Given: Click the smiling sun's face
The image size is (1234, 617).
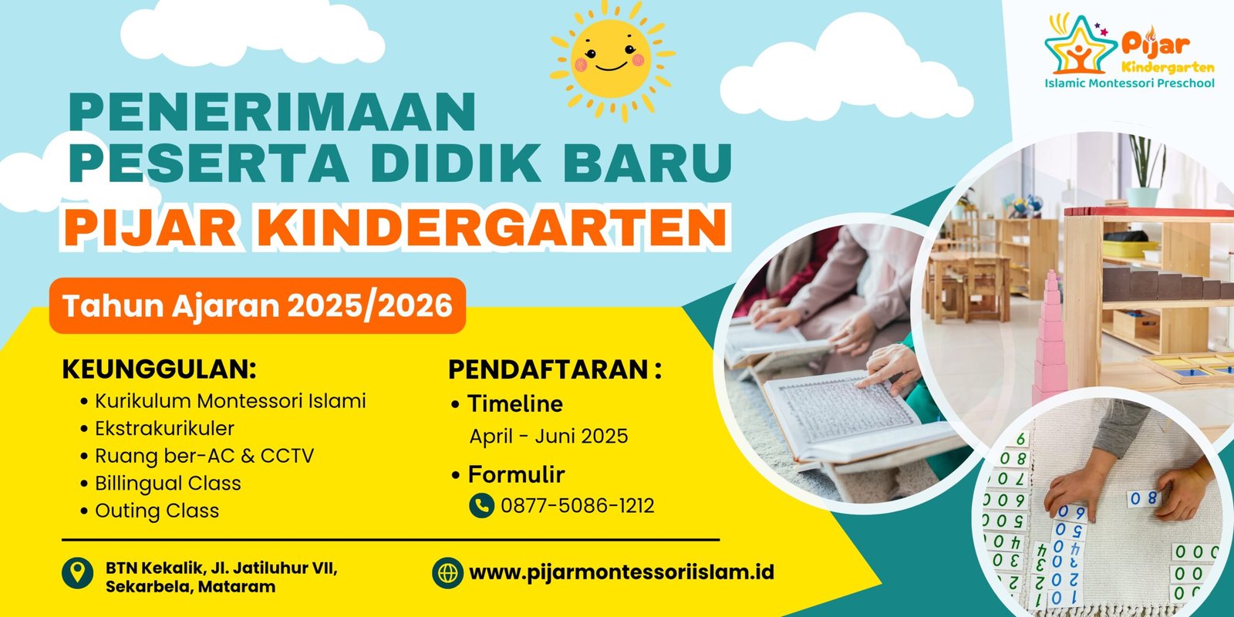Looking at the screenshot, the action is point(610,59).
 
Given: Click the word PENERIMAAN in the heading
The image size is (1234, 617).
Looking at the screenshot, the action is point(272,112).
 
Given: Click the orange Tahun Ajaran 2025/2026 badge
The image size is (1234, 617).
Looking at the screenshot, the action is point(258,305).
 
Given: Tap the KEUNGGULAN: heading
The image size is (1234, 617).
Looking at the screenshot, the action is point(159,369).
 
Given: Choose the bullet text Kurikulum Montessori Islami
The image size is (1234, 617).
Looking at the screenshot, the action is point(231,401).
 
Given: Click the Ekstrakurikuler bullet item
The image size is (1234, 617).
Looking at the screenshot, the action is point(164,429).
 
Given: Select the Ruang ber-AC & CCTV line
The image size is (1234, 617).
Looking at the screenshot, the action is point(204,456).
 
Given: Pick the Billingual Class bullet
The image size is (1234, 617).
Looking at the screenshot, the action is point(168,484).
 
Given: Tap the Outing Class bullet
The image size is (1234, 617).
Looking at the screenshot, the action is point(157,511).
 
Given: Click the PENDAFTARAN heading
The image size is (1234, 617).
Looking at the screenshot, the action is point(555,369).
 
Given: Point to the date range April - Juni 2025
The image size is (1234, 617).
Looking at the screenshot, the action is point(548,437).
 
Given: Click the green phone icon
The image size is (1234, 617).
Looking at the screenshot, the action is point(481,505).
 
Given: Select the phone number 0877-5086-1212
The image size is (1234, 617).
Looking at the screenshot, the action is point(578,506).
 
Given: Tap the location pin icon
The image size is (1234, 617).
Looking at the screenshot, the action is point(77,572).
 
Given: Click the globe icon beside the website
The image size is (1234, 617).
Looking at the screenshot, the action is point(447,573).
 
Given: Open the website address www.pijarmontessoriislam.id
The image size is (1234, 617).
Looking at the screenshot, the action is point(622,572).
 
